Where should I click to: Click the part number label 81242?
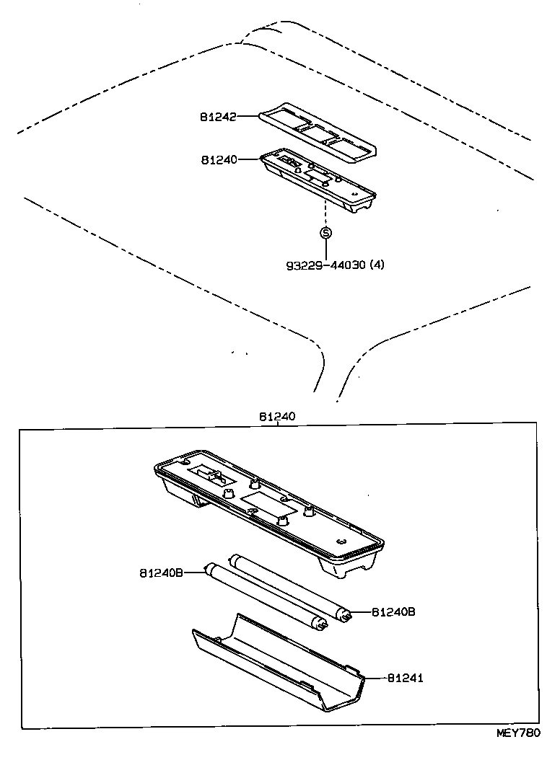click(x=218, y=116)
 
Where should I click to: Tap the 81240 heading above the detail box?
click(x=276, y=417)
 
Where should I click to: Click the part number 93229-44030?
click(x=325, y=265)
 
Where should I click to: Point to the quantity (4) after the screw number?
click(x=377, y=265)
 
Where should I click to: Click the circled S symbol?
click(x=325, y=232)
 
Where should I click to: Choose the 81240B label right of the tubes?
click(x=393, y=612)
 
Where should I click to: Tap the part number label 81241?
click(x=405, y=678)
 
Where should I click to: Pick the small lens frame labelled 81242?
click(x=318, y=131)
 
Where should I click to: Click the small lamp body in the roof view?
click(x=318, y=180)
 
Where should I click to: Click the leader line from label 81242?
click(x=248, y=115)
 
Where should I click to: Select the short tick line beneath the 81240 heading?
click(x=276, y=425)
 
